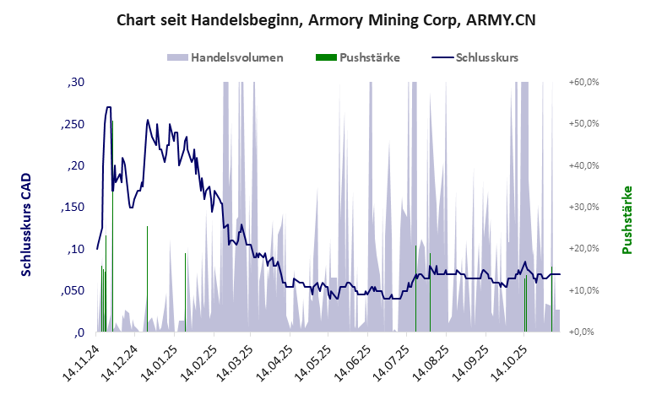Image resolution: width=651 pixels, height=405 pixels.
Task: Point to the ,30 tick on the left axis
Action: (75, 83)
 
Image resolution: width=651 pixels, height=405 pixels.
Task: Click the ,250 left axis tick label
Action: (73, 124)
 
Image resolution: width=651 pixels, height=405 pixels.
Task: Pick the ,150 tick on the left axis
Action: (73, 208)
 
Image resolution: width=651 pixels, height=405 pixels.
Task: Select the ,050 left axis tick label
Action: (73, 290)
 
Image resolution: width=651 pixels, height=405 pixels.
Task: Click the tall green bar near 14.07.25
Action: (415, 287)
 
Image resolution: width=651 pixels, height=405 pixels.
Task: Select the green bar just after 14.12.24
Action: (147, 278)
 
